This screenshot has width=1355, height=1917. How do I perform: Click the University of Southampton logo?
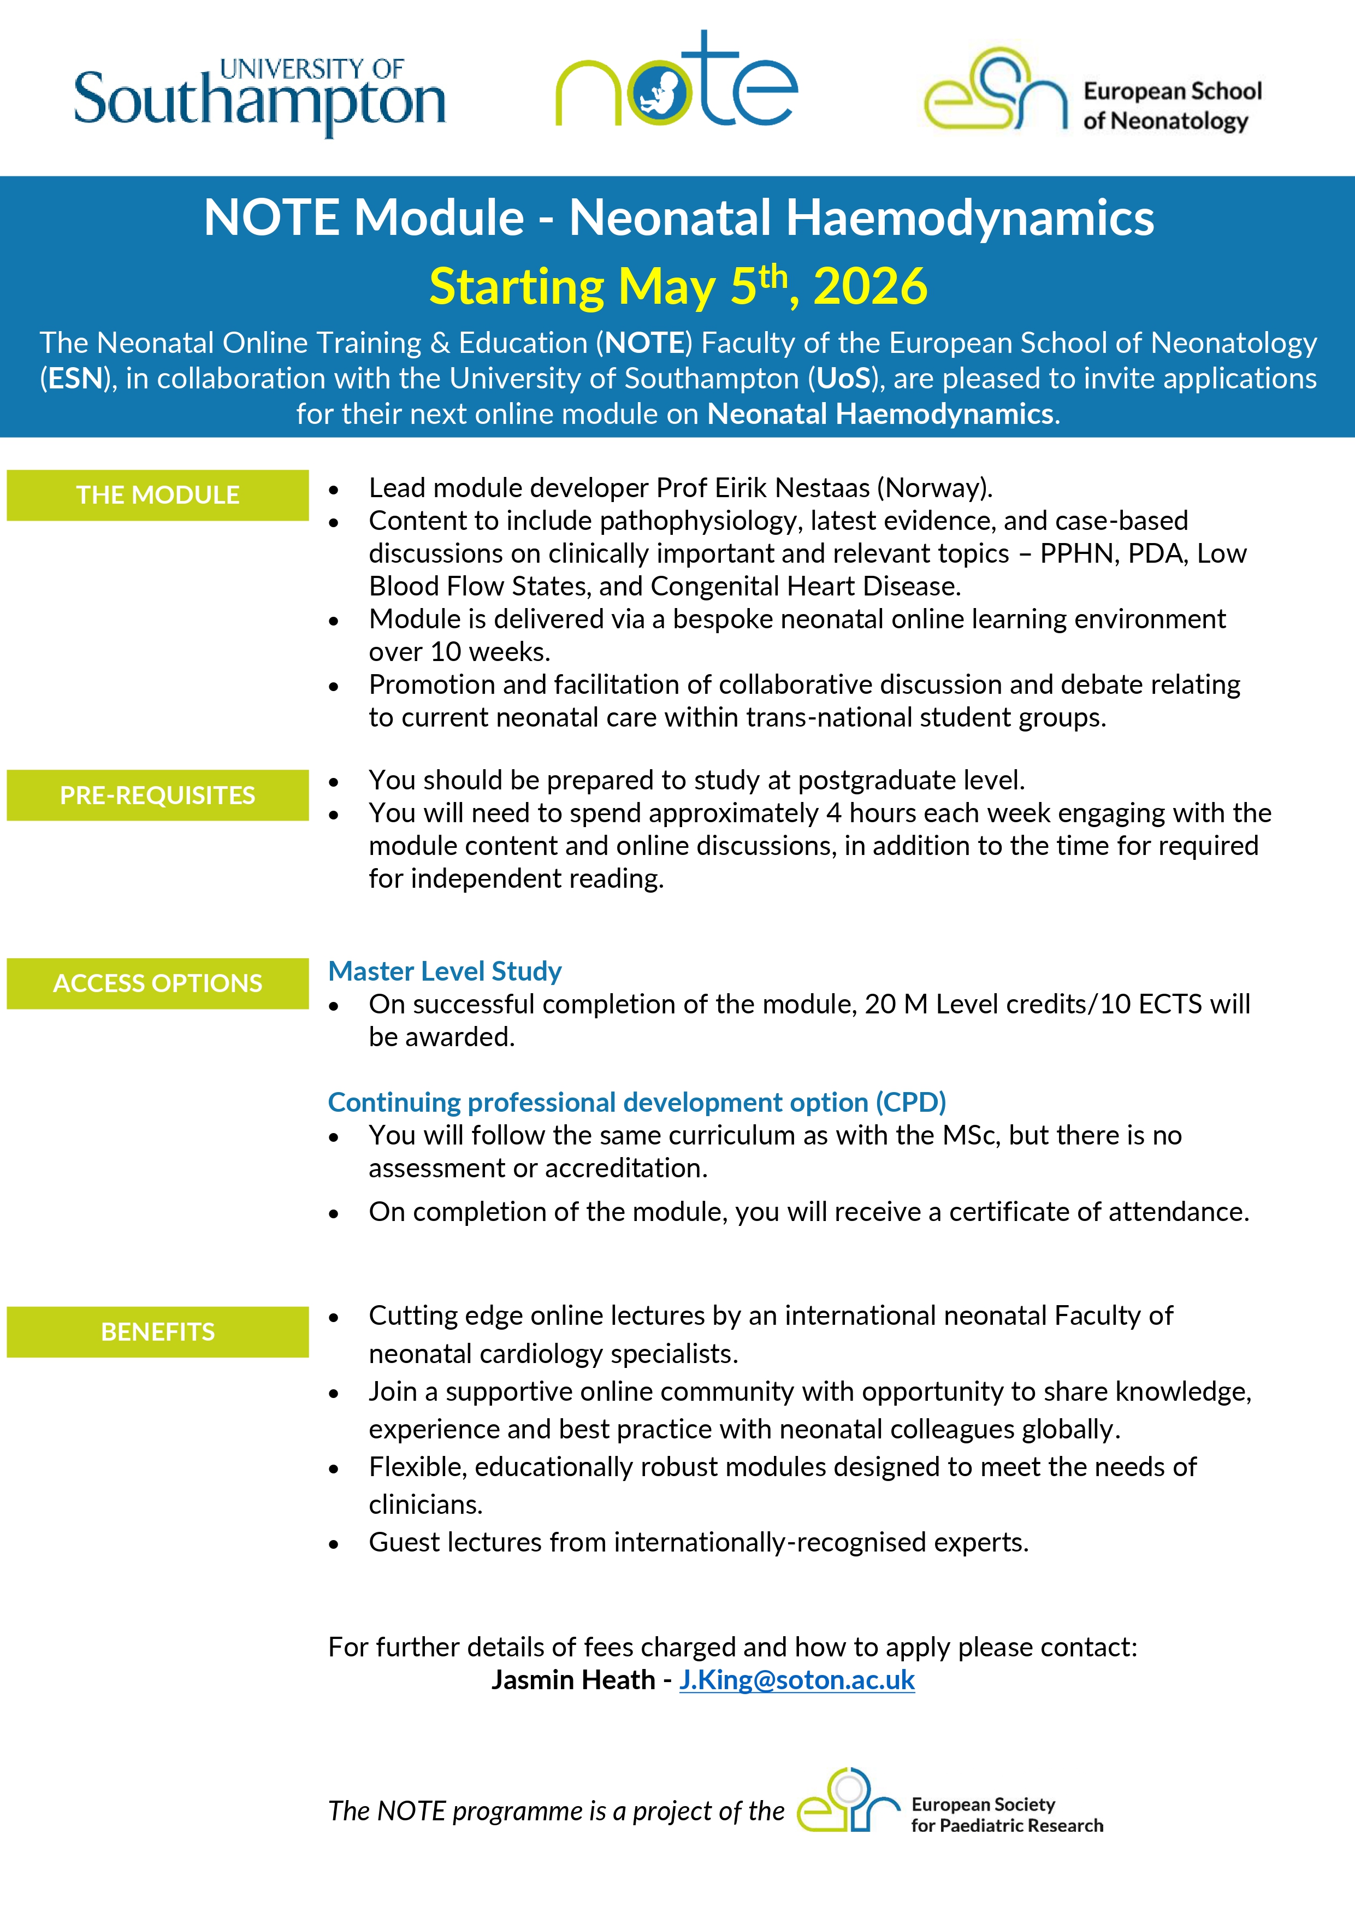point(259,96)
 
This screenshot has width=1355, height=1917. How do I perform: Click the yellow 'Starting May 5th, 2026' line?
point(678,286)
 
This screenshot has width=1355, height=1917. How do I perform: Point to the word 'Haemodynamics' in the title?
point(969,218)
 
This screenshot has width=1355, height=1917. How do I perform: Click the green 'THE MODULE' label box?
point(158,495)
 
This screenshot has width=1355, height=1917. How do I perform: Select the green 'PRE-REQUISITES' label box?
point(158,795)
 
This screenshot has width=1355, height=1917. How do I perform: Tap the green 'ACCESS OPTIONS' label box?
point(158,983)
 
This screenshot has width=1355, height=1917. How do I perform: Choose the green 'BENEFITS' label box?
point(158,1332)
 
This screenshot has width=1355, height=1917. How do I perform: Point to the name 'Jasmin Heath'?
point(573,1680)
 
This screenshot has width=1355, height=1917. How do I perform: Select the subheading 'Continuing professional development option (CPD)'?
point(637,1102)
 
